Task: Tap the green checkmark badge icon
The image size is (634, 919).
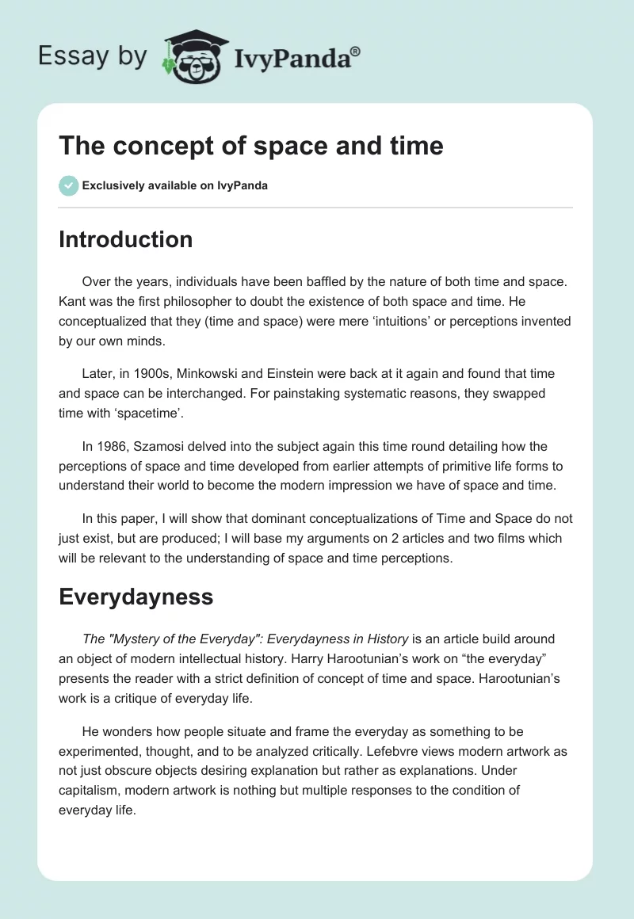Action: click(68, 185)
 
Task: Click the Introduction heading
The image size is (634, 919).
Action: click(125, 239)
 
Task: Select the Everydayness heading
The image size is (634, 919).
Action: click(136, 596)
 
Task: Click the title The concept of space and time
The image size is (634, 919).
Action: click(250, 147)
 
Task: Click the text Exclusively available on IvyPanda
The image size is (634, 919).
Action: click(175, 185)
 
